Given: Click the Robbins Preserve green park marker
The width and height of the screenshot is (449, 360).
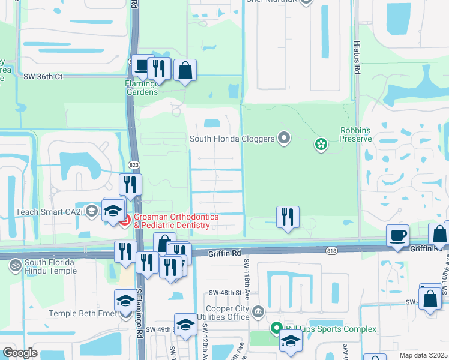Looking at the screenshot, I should [321, 143].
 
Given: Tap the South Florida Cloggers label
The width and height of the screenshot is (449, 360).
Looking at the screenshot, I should [232, 139].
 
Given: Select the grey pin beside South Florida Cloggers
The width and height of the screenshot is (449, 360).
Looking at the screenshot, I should [284, 139].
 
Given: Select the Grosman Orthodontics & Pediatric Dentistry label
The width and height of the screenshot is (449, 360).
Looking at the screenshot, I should [172, 221].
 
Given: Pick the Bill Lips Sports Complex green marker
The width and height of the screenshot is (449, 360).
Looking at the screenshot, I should [276, 328].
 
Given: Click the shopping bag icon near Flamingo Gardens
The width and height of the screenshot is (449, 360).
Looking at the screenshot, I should [185, 71].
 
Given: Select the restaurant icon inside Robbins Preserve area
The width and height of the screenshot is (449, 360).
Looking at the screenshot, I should [288, 216].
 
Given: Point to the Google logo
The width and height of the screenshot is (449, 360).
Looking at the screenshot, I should [20, 353].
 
